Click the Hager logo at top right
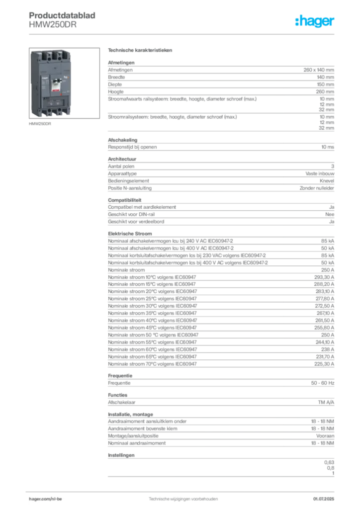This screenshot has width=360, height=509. pos(314,21)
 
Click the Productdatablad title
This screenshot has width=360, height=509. pos(62,15)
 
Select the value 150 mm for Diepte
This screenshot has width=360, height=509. pos(325,85)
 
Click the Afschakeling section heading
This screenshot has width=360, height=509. pos(123,140)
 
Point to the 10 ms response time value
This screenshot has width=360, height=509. pos(328,147)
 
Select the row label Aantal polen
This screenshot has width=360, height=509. pos(121,166)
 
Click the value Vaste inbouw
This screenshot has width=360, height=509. pos(320,173)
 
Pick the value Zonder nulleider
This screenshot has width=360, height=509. pos(317,188)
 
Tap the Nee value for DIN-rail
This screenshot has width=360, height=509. pos(330,214)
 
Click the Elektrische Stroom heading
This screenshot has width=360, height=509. pos(130,234)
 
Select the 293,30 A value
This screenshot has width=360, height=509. pos(324,277)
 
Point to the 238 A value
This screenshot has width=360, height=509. pos(328,349)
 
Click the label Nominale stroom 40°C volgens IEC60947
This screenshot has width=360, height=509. pos(152,321)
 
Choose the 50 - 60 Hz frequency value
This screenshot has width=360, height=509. pos(322,383)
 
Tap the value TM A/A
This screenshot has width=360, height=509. pos(326,402)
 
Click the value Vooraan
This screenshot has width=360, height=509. pos(325,436)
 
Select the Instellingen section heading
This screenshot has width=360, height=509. pos(121,455)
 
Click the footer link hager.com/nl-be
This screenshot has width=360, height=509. pos(45,499)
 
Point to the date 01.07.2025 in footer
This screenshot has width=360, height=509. pos(324,499)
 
